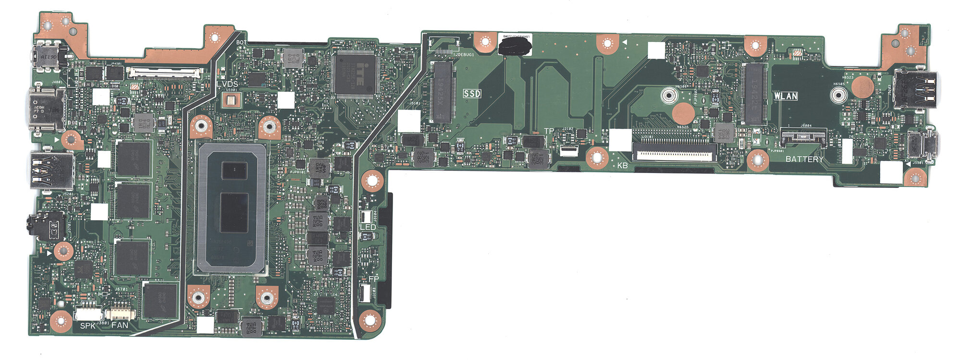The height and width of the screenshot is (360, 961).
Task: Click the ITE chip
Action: [355, 74]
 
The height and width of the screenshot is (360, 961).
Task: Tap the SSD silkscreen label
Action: [472, 94]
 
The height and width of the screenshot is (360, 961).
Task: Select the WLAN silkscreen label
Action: [786, 96]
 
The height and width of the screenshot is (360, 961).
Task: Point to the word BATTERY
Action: [804, 159]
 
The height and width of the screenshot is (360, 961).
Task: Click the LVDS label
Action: [227, 85]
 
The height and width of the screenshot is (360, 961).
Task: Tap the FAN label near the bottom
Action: [120, 325]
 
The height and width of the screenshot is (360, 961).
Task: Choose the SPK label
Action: [88, 326]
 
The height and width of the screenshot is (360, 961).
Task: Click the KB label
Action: [623, 165]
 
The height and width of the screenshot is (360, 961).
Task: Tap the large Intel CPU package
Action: [232, 208]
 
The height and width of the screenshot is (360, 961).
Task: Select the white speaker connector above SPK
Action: [88, 314]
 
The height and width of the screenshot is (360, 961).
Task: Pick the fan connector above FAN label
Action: [121, 313]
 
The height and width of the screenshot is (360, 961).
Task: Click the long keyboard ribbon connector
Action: [674, 153]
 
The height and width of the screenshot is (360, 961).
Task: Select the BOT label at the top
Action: [242, 42]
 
